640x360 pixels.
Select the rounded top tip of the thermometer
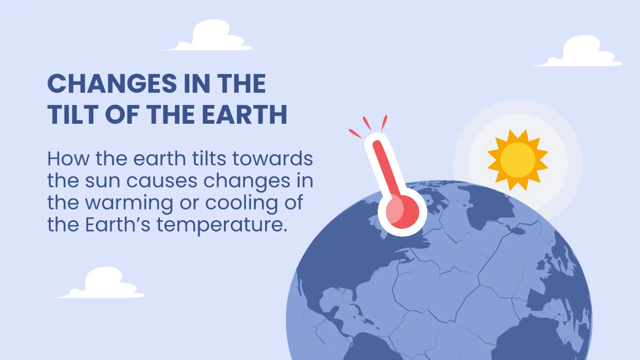377,140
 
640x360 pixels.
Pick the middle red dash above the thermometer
366,123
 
